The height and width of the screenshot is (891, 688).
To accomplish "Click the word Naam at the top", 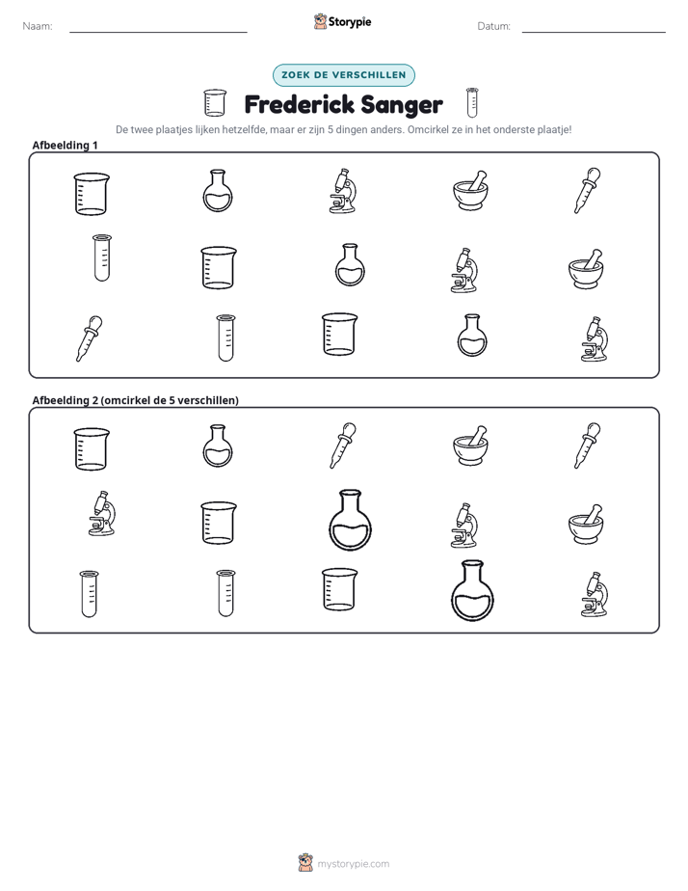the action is pos(38,26).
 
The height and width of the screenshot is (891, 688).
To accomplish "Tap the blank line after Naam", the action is pos(158,32).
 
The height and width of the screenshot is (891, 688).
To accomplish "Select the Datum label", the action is pos(493,26).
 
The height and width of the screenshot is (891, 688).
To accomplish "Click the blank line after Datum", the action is pos(594,32).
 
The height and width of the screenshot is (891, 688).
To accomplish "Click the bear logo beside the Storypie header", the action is pos(320,21).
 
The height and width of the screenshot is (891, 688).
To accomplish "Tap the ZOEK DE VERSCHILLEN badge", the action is pos(344,75).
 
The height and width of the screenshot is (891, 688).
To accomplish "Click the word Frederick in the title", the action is pos(299,104).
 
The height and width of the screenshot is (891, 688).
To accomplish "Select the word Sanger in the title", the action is pos(401,106).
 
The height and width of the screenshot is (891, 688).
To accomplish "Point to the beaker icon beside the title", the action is pos(215,103).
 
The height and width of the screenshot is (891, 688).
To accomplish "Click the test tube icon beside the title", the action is pos(472,102).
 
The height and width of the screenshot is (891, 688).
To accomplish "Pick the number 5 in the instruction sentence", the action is pos(331,129).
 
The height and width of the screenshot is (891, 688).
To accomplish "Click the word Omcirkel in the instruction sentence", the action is pos(426,129).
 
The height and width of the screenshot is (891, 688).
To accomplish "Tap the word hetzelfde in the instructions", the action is pos(244,129).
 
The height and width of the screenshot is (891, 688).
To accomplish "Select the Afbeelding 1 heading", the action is pos(65,145).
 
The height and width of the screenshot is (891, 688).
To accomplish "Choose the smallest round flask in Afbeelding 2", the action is pos(218,446).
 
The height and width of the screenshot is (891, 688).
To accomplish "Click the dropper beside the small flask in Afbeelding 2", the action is pos(343,445).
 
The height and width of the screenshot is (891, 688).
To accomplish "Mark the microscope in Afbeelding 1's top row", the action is pos(343,191).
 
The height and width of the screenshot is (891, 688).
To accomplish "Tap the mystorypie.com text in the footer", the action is pos(353,864).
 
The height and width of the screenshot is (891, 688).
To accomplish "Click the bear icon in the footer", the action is pos(305,863).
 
